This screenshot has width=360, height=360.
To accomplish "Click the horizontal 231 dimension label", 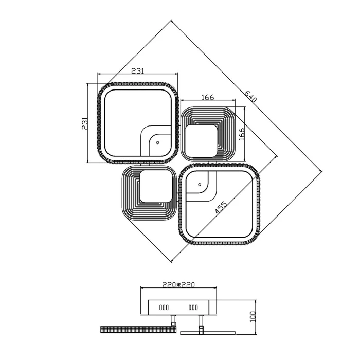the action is pyautogui.click(x=137, y=71).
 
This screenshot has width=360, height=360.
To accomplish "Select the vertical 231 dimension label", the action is pyautogui.click(x=85, y=123).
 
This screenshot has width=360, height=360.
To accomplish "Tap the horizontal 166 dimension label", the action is pyautogui.click(x=208, y=97).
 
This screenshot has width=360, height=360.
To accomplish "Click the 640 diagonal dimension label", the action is pyautogui.click(x=250, y=96).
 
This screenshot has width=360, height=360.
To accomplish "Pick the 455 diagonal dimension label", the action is pyautogui.click(x=221, y=207).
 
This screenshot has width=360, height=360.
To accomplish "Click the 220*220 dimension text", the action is pyautogui.click(x=178, y=285).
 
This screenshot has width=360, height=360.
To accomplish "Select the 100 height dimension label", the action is pyautogui.click(x=253, y=317).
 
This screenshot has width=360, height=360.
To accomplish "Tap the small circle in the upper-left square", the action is pyautogui.click(x=157, y=142).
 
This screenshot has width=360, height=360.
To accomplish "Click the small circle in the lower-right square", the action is pyautogui.click(x=200, y=184).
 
